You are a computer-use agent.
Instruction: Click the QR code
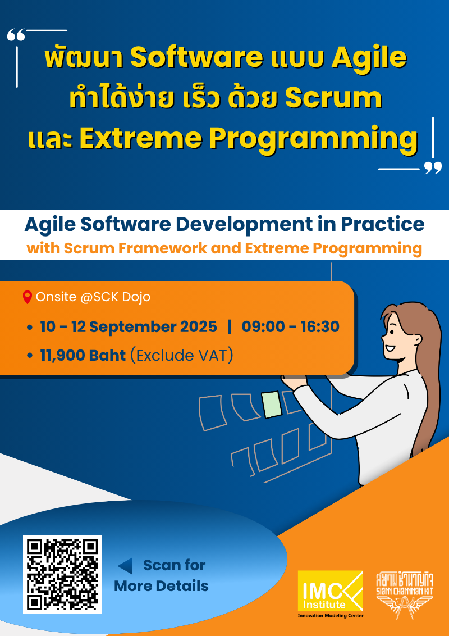coord(62,574)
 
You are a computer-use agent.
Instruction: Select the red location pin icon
coord(27,297)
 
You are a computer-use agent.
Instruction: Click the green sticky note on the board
coord(272,405)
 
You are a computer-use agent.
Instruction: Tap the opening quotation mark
coord(16,36)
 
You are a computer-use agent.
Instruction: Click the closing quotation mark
coord(433,167)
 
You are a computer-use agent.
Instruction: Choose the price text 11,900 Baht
coord(83,355)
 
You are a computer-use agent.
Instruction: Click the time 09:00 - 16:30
coord(290,326)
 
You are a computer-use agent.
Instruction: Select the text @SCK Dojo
coord(115,297)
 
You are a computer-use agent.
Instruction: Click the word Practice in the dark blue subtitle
coord(382,224)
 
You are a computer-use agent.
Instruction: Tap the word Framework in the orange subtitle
coord(163,248)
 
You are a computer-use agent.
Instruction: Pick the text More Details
coord(161,586)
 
